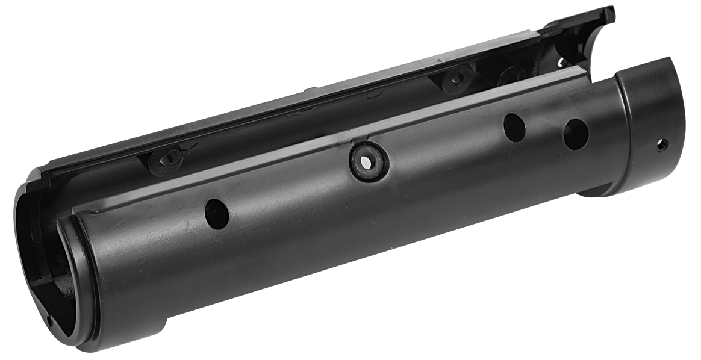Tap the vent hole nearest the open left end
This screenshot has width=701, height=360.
point(217,214)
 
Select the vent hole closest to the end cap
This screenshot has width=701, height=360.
point(576,134)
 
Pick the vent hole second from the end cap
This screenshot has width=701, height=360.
point(514,128)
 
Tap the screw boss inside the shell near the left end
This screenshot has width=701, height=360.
point(167,160)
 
